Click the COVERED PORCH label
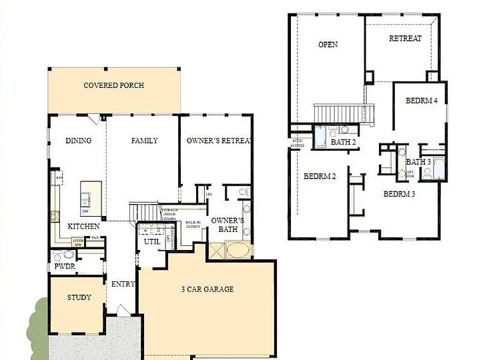[113, 85]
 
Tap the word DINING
[78, 141]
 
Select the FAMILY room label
[144, 141]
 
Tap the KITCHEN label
[84, 227]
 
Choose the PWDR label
[64, 267]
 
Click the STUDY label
[79, 297]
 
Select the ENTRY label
[123, 284]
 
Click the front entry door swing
[121, 311]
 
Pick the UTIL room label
[151, 242]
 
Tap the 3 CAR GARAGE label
[207, 289]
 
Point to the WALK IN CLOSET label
[193, 225]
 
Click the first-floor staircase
[144, 211]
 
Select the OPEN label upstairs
[328, 45]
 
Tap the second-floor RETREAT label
[405, 39]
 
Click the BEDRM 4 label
[421, 101]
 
